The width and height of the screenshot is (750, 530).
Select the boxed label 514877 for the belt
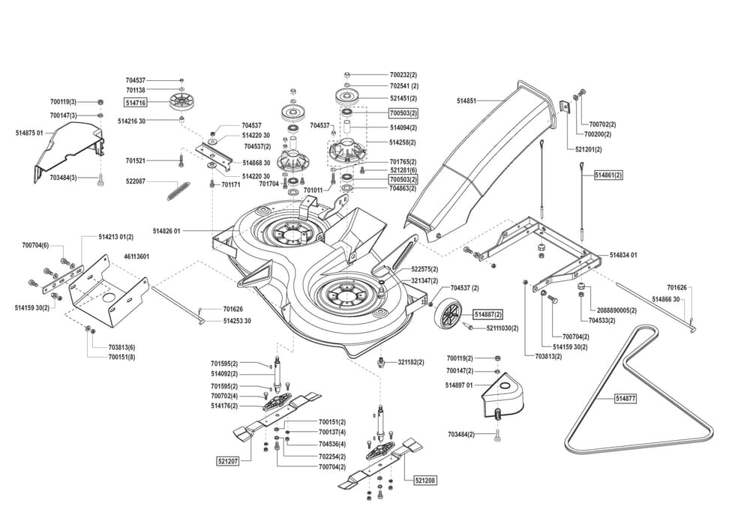coord(625,399)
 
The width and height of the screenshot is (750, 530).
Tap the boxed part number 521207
coord(227,460)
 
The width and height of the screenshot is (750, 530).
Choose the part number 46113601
coord(137,256)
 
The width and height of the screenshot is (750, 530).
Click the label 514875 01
coord(29,133)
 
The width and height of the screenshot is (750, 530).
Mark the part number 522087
coord(136,181)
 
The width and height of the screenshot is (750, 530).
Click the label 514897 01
coord(458,385)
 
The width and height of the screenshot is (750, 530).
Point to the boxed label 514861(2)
coord(608,175)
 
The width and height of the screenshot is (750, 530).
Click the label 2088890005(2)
coord(612,310)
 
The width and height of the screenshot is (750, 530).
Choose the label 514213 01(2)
coord(115,237)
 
